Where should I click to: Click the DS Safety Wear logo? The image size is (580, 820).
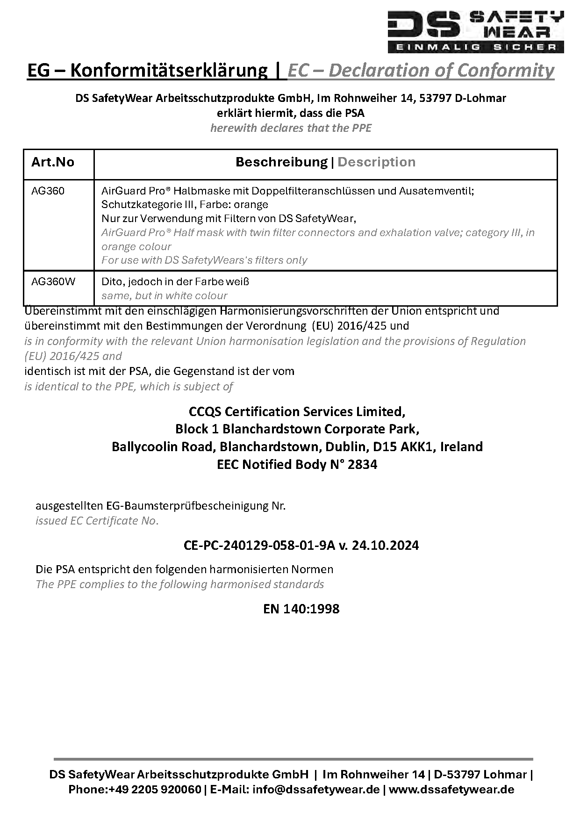pos(476,31)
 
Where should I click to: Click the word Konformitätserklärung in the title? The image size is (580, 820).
pos(168,71)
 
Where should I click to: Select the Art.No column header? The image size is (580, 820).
pos(53,162)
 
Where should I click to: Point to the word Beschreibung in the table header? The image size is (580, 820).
pos(281,162)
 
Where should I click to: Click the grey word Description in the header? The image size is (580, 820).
pos(376,162)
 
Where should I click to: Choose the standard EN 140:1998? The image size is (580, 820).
pos(301,609)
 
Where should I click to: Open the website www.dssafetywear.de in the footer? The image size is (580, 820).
pos(451,790)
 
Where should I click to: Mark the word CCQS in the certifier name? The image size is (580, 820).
pos(204,411)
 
